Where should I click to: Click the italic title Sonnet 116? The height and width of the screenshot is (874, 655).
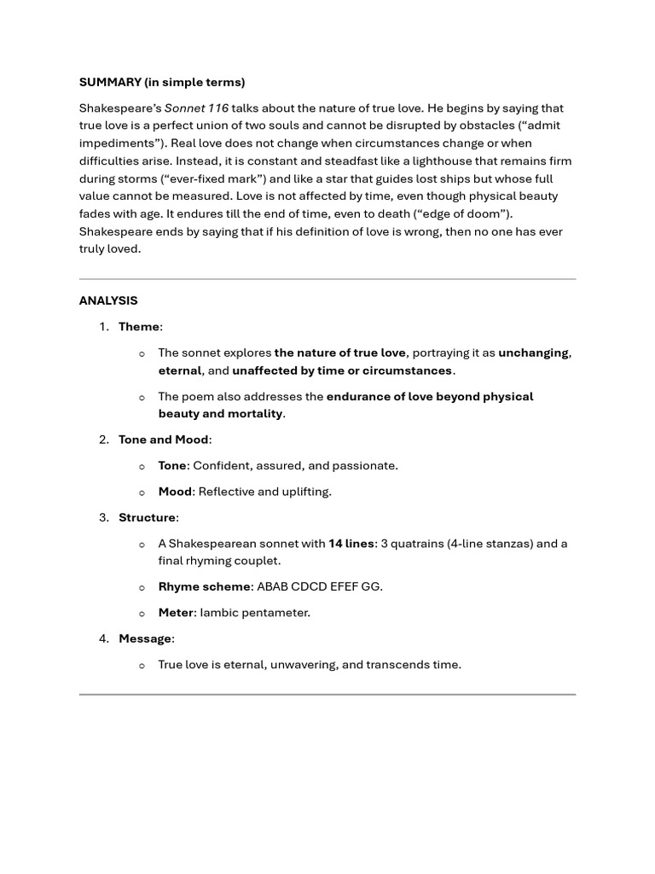coord(196,108)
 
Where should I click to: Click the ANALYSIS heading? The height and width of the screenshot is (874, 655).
coord(108,300)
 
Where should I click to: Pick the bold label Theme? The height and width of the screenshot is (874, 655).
coord(139,327)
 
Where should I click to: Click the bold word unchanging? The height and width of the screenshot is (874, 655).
coord(534,353)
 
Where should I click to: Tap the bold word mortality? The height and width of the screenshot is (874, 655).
coord(254,414)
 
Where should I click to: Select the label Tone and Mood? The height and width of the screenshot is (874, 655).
coord(164,440)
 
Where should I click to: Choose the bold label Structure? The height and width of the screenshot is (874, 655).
coord(147,517)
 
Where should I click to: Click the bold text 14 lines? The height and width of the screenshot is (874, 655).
coord(351,544)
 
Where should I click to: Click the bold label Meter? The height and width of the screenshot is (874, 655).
coord(176,613)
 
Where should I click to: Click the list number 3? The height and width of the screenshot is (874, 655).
coord(103,517)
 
